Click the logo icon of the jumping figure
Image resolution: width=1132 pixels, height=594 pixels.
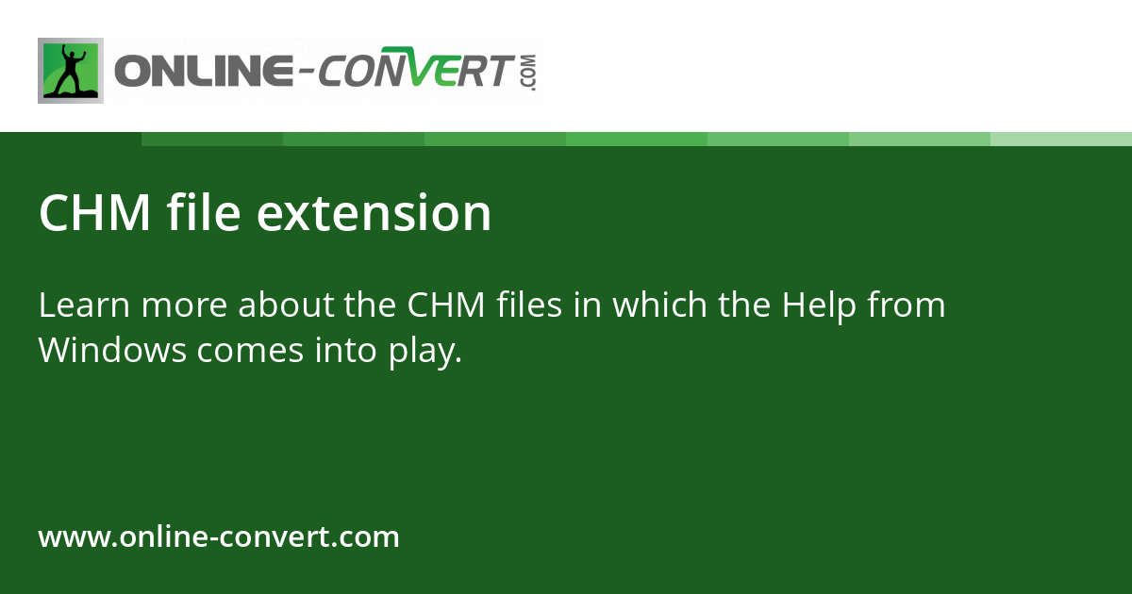71,71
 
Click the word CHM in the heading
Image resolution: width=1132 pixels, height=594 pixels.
94,213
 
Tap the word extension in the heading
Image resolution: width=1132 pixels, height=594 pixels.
375,213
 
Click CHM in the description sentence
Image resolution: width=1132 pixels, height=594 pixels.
446,305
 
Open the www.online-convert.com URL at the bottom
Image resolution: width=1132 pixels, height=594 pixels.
219,537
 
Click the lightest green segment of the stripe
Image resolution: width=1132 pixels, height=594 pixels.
1061,139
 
